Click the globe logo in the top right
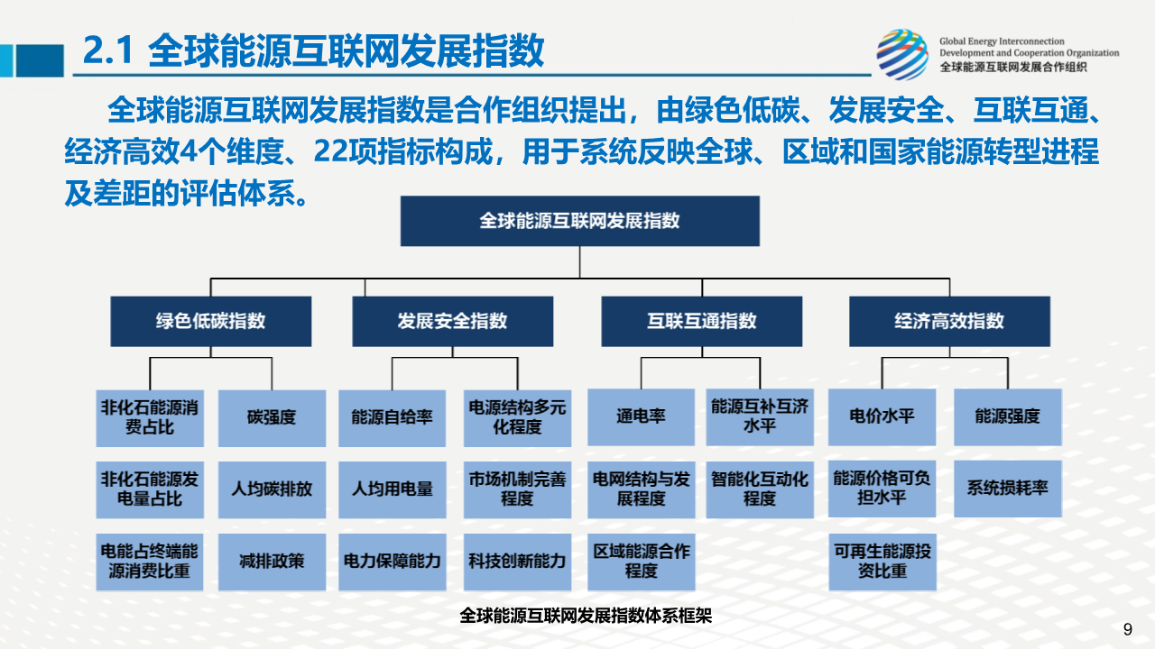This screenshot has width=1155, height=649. pyautogui.click(x=901, y=54)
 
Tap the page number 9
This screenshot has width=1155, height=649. pyautogui.click(x=1128, y=629)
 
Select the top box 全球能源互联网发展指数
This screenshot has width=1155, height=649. pyautogui.click(x=579, y=221)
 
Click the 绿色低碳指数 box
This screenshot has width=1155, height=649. pyautogui.click(x=211, y=321)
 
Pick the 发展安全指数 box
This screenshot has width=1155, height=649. pyautogui.click(x=453, y=321)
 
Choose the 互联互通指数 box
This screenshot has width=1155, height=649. pyautogui.click(x=702, y=321)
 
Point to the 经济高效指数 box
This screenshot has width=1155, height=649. pyautogui.click(x=950, y=321)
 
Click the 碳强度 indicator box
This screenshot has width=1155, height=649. pyautogui.click(x=272, y=418)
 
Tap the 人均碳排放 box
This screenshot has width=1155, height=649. pyautogui.click(x=272, y=489)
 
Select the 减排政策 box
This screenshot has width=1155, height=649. pyautogui.click(x=272, y=562)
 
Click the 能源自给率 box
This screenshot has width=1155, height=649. pyautogui.click(x=392, y=418)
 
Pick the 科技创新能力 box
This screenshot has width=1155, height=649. pyautogui.click(x=517, y=562)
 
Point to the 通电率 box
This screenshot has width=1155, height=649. pyautogui.click(x=641, y=417)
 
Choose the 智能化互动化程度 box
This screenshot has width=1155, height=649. pyautogui.click(x=760, y=489)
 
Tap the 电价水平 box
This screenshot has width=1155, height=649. pyautogui.click(x=882, y=417)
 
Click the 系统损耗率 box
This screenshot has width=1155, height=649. pyautogui.click(x=1008, y=489)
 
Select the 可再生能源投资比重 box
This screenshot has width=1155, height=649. pyautogui.click(x=882, y=562)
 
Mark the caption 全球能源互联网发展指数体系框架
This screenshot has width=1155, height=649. pyautogui.click(x=586, y=616)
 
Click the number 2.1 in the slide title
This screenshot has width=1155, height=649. pyautogui.click(x=108, y=50)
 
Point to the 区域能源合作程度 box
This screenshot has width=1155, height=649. pyautogui.click(x=641, y=562)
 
